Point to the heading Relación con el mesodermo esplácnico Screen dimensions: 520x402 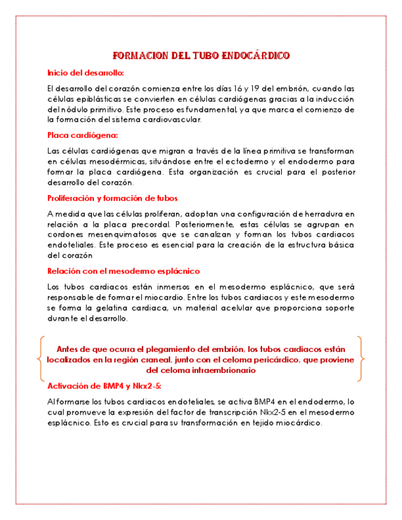coord(123,270)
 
